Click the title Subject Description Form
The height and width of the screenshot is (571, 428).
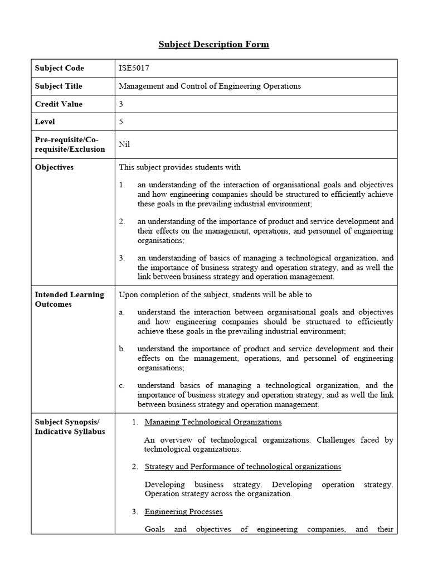click(x=213, y=44)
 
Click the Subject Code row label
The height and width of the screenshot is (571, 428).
click(x=60, y=68)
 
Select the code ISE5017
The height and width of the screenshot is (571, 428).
click(x=134, y=68)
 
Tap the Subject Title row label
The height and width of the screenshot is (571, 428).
click(x=59, y=86)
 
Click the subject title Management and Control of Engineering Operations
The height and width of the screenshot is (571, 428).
click(x=210, y=86)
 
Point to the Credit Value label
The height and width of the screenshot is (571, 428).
click(x=59, y=104)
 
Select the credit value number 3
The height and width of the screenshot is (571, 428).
click(x=121, y=104)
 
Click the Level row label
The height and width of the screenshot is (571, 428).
click(x=45, y=122)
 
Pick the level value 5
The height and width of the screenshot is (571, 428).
click(x=121, y=122)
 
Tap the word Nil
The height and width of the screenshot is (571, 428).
click(x=124, y=144)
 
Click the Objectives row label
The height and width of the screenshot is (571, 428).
click(x=54, y=167)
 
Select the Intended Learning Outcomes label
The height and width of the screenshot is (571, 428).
click(x=69, y=299)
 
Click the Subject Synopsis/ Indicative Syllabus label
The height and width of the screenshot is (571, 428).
click(x=70, y=427)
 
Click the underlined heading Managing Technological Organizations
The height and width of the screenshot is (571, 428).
click(x=213, y=422)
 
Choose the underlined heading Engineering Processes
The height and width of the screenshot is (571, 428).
click(x=183, y=511)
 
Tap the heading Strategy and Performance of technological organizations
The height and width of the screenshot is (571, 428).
click(x=242, y=466)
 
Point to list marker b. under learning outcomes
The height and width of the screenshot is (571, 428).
click(x=122, y=349)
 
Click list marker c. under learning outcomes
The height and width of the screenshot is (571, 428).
click(x=122, y=385)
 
